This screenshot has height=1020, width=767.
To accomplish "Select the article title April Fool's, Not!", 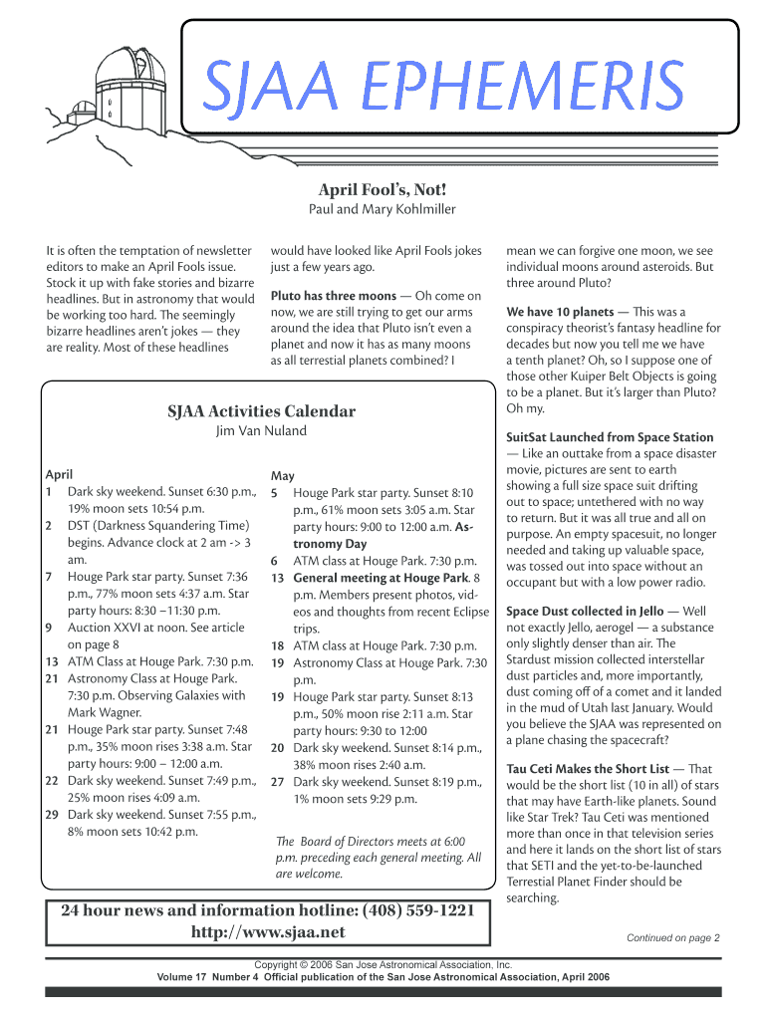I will pyautogui.click(x=383, y=189).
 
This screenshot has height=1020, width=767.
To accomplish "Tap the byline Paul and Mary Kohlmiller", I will pyautogui.click(x=383, y=209).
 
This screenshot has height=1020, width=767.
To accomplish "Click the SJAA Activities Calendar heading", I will pyautogui.click(x=262, y=410).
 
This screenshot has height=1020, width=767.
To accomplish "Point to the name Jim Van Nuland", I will pyautogui.click(x=262, y=431).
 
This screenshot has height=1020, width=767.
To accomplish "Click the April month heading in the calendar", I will pyautogui.click(x=59, y=475).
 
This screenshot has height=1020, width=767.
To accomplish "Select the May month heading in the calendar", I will pyautogui.click(x=282, y=476).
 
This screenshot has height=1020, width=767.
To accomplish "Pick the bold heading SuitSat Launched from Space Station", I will pyautogui.click(x=610, y=437).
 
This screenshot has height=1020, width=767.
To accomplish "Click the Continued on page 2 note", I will pyautogui.click(x=672, y=937).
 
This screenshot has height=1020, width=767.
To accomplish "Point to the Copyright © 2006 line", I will pyautogui.click(x=383, y=965).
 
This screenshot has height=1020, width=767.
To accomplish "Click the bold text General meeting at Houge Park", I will pyautogui.click(x=381, y=578).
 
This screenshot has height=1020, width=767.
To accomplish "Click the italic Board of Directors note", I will pyautogui.click(x=378, y=857).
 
